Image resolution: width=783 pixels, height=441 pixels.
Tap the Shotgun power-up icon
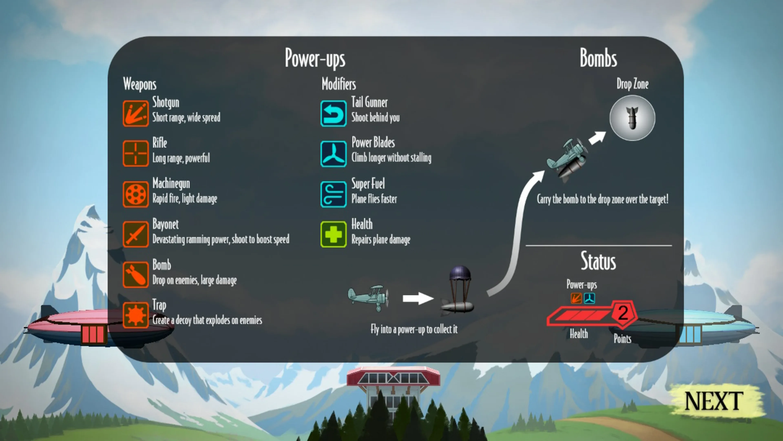136,113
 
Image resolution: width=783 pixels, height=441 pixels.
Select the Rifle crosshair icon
136,153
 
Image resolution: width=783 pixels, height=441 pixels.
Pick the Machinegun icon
136,194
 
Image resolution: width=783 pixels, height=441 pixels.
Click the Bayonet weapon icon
136,234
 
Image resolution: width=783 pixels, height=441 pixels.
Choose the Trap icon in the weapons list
136,315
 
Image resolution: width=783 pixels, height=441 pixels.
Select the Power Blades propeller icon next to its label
333,154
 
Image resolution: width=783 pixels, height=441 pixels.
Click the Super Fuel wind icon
333,194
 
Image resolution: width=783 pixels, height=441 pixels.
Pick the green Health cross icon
333,234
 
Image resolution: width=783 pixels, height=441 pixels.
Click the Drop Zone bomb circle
632,118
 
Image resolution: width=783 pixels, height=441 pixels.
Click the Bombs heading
598,58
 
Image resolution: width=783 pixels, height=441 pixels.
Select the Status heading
598,261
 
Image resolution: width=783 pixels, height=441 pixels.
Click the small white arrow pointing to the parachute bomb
418,298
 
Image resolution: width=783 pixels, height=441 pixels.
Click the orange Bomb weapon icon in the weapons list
136,275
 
